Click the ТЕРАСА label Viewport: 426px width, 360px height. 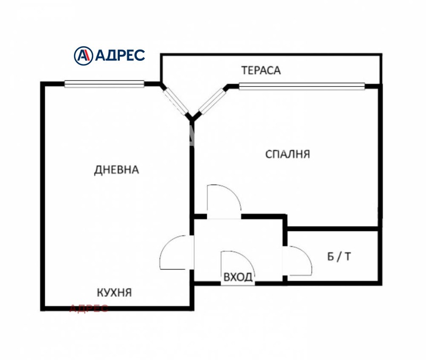click(260, 70)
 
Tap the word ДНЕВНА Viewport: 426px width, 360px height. click(116, 170)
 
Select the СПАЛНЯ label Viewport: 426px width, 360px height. click(288, 154)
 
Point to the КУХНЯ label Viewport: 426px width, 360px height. click(114, 292)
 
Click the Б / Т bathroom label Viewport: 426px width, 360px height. click(339, 257)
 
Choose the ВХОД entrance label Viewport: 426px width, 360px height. click(238, 277)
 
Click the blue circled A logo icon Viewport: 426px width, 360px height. click(83, 55)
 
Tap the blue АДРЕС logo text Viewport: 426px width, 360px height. click(120, 55)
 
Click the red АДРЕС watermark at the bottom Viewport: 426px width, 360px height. click(89, 308)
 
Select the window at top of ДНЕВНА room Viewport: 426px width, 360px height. click(104, 83)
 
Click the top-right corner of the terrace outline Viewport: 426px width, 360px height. click(381, 54)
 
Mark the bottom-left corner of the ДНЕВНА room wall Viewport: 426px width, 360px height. click(43, 308)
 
